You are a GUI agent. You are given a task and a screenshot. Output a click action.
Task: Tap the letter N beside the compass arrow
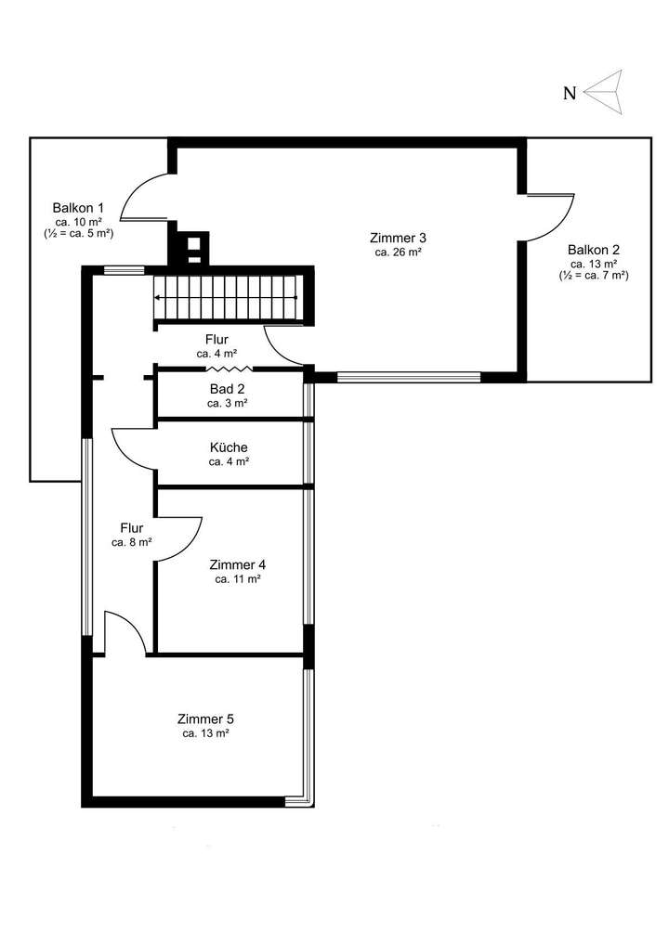click(570, 92)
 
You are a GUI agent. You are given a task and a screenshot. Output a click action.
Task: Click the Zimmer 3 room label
click(397, 238)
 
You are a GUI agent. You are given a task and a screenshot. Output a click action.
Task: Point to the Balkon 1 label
click(78, 208)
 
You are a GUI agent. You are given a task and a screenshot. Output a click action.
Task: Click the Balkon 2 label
click(593, 249)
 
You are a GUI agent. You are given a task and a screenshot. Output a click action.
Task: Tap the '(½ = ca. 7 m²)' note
click(593, 276)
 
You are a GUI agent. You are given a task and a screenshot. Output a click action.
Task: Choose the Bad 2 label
click(227, 389)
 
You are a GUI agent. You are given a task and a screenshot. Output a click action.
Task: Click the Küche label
click(229, 447)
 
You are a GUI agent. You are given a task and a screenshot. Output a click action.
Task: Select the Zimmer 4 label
click(238, 564)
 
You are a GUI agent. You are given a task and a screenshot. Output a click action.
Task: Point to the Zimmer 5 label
click(205, 718)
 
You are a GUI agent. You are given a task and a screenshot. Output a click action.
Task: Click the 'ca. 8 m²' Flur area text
click(131, 542)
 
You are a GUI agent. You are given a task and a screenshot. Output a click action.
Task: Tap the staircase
click(227, 297)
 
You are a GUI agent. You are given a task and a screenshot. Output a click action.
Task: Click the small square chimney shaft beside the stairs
click(194, 247)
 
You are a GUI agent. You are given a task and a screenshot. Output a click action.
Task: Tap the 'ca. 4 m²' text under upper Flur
click(216, 354)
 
